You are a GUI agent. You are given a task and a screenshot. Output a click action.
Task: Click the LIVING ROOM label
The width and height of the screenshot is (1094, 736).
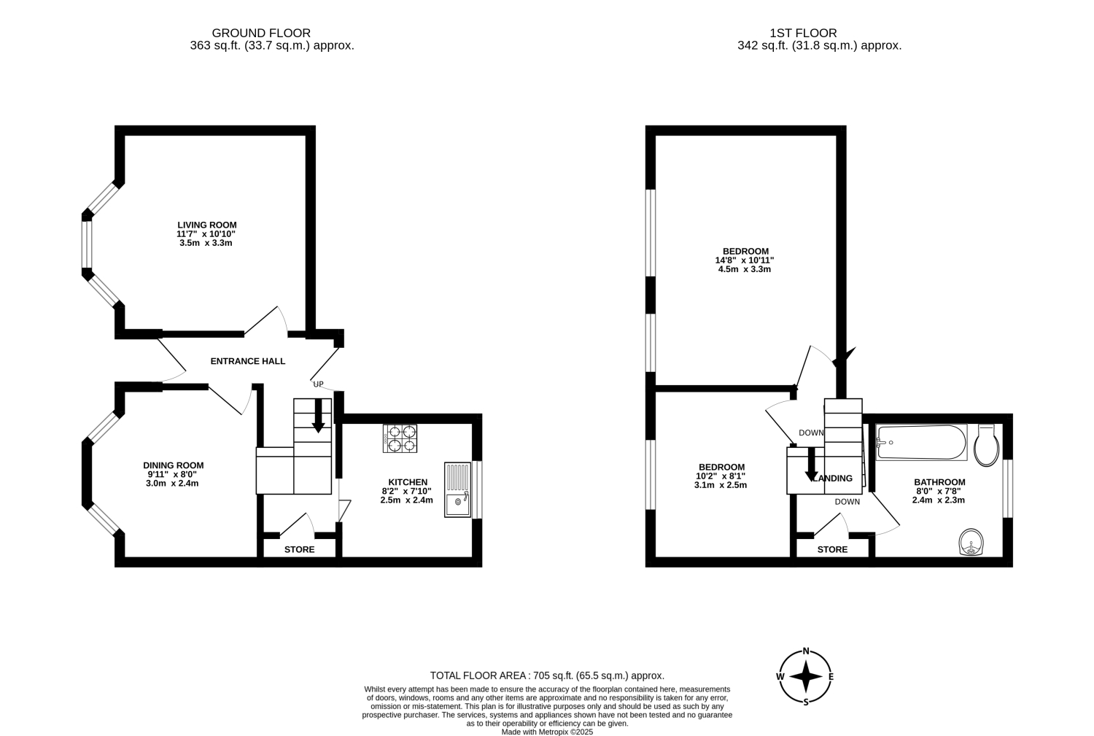(x=207, y=225)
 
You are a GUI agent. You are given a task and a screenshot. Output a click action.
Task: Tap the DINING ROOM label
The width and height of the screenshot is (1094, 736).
(x=174, y=465)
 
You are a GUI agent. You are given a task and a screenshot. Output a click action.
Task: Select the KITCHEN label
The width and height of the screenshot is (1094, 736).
(x=408, y=482)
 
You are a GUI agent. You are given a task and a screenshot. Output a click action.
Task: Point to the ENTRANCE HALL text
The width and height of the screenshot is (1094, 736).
(x=248, y=361)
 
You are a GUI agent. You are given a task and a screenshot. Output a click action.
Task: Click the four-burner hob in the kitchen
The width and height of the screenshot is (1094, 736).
(x=400, y=438)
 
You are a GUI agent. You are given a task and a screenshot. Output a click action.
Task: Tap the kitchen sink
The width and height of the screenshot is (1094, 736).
(x=457, y=490)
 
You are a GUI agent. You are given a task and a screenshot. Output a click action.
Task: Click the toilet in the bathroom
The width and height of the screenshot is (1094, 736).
(x=986, y=446)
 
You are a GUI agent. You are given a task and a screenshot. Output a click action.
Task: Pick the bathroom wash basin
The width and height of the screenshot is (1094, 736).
(x=971, y=542)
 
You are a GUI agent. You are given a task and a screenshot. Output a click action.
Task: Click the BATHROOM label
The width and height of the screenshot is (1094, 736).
(x=939, y=482)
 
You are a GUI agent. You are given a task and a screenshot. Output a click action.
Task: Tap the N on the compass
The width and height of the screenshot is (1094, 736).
(x=807, y=651)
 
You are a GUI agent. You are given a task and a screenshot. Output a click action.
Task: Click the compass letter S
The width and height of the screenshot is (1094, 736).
(x=807, y=702)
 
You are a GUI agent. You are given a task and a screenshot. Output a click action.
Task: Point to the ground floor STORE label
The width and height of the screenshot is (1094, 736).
(x=299, y=549)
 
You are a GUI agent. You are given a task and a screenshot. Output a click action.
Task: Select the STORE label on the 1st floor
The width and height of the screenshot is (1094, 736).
(x=833, y=549)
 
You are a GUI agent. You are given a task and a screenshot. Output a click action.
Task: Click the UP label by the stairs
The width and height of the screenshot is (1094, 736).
(x=319, y=384)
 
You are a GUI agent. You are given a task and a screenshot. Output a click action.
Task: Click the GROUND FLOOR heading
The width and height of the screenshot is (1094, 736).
(x=261, y=34)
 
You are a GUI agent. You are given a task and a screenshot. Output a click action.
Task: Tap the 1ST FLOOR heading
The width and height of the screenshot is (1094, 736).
(x=804, y=34)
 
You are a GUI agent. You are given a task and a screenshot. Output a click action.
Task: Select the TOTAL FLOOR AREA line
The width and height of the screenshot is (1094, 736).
(x=547, y=675)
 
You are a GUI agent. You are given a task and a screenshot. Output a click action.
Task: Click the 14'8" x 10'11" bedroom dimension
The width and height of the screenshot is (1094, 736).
(x=745, y=260)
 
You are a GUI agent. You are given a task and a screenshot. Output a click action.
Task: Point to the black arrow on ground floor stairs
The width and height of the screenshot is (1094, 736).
(x=319, y=416)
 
